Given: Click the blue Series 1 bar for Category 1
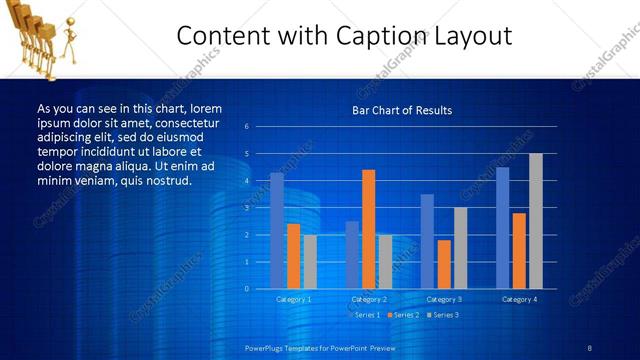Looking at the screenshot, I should [277, 231].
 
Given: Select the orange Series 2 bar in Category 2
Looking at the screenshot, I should [368, 229].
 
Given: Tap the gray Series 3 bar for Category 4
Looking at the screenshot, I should [536, 221].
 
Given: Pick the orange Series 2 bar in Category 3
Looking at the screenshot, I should [444, 264].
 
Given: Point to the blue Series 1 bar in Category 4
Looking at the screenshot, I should [502, 228].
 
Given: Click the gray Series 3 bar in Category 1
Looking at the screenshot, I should [310, 262].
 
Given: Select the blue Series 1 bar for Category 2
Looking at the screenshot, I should [352, 255].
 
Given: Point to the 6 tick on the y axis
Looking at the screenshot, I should [246, 127].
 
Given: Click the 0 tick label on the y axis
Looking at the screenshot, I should [246, 289].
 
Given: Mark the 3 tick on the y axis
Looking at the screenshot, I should [246, 208].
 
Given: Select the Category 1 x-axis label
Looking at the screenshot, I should [293, 299].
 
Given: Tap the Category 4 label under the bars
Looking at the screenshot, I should [519, 299].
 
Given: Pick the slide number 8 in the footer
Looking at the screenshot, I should [590, 347].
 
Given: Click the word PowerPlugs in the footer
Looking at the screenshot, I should [264, 347].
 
